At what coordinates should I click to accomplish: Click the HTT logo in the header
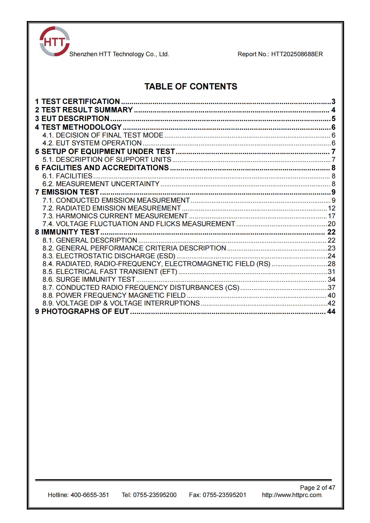tap(54, 41)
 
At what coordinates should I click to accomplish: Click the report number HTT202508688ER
tap(297, 54)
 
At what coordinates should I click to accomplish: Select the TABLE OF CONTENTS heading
tap(191, 86)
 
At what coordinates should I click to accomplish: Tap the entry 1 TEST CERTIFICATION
tap(78, 101)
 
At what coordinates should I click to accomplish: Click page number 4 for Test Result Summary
tap(333, 110)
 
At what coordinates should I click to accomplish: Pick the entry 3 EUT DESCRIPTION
tap(72, 119)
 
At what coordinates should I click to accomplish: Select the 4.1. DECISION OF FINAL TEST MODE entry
tap(103, 135)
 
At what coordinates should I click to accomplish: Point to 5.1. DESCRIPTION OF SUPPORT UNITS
tap(107, 160)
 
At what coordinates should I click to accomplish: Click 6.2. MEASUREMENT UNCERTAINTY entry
tap(101, 184)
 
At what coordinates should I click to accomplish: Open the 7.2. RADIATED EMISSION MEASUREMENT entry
tap(112, 208)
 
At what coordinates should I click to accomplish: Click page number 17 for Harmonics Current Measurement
tap(331, 216)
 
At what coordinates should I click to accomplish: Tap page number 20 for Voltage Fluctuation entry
tap(331, 224)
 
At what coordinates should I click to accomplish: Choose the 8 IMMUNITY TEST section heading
tap(67, 232)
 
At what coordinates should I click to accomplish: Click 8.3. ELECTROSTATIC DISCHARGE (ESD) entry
tap(109, 256)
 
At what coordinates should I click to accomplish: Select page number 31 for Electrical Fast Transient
tap(331, 272)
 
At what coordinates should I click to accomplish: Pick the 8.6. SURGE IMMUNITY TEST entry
tap(89, 280)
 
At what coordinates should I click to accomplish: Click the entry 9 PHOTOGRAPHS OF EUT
tap(82, 311)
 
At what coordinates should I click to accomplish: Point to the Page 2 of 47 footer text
tap(317, 488)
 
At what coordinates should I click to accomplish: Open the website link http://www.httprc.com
tap(292, 495)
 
